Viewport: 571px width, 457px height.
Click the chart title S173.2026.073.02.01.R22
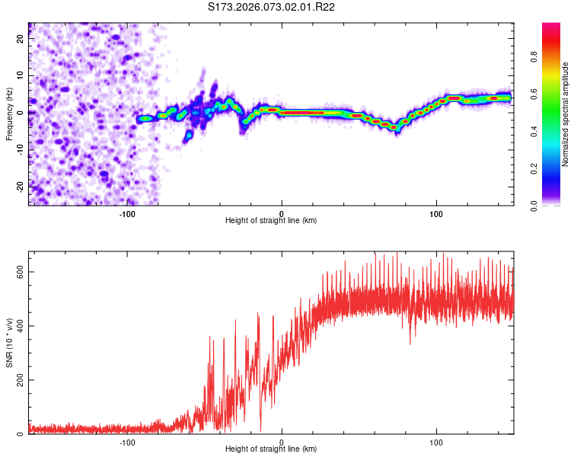pyautogui.click(x=272, y=7)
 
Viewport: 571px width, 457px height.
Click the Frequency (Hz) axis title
pyautogui.click(x=9, y=114)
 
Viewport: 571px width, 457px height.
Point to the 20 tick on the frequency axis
pyautogui.click(x=21, y=40)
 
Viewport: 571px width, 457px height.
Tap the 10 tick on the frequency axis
pyautogui.click(x=21, y=76)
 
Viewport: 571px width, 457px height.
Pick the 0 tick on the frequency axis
pyautogui.click(x=21, y=113)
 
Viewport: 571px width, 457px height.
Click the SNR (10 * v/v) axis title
pyautogui.click(x=9, y=343)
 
